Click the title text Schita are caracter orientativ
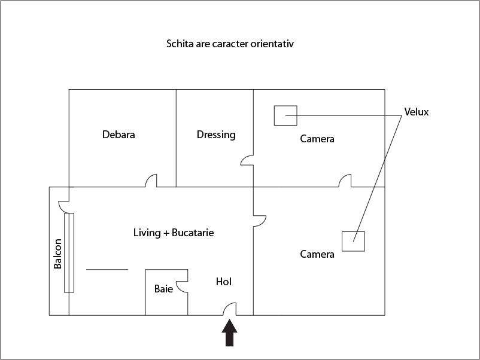(x=230, y=44)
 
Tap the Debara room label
(x=119, y=135)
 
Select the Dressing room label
(x=216, y=135)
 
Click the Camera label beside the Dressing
(x=317, y=139)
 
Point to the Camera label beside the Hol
(x=317, y=254)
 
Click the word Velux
(x=417, y=112)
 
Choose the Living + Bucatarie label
(x=174, y=233)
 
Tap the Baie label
(x=163, y=289)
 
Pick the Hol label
(x=223, y=281)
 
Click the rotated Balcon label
(x=58, y=254)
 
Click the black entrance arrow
(x=230, y=333)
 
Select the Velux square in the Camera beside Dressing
(x=285, y=115)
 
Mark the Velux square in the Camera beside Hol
(x=353, y=240)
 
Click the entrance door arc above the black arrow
(x=230, y=308)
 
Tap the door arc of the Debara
(x=152, y=181)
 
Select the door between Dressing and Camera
(x=247, y=160)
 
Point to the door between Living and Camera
(x=259, y=221)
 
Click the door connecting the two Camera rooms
(x=345, y=181)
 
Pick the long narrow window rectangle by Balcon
(x=69, y=252)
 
